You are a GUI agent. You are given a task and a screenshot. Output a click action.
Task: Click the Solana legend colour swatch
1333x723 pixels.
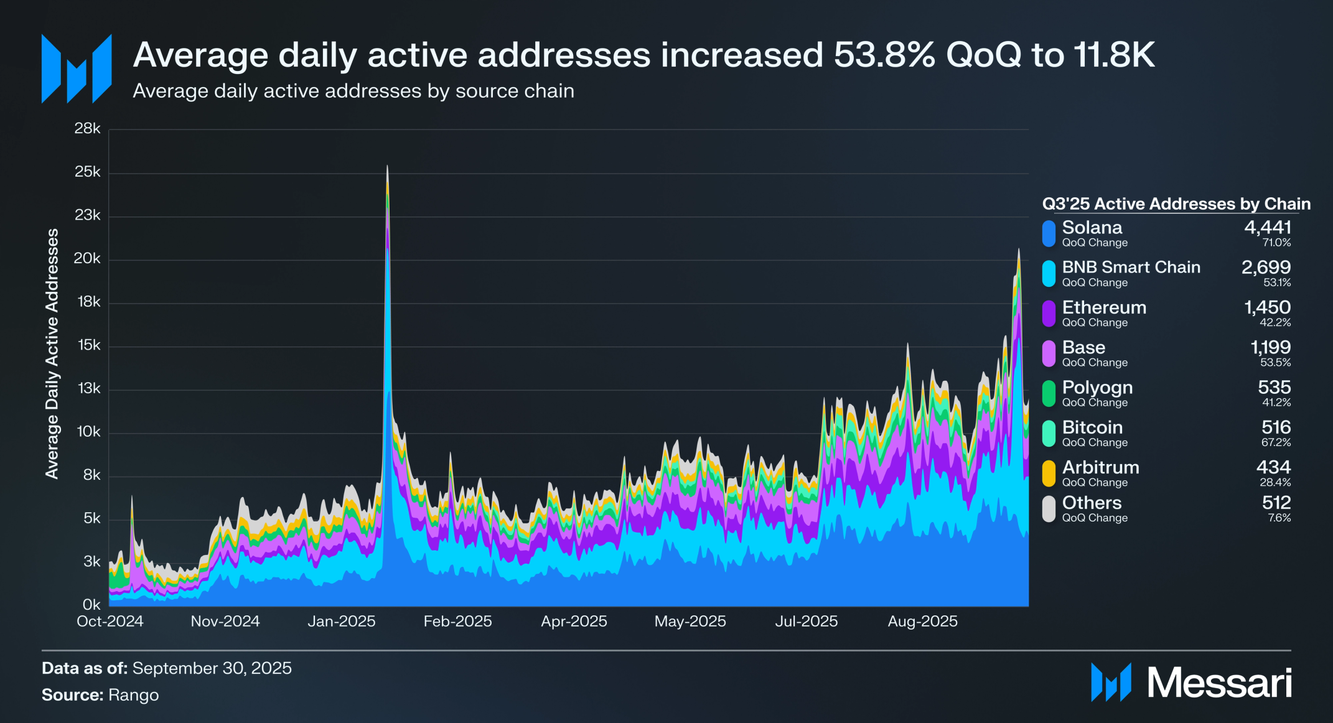1049,234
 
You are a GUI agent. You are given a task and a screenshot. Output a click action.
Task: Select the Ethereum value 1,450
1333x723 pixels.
1267,307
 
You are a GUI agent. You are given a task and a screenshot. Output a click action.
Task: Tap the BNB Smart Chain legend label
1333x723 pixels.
1131,268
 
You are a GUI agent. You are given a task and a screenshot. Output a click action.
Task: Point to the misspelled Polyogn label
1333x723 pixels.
1097,388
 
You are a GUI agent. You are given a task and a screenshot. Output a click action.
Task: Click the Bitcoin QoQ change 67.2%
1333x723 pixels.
1276,442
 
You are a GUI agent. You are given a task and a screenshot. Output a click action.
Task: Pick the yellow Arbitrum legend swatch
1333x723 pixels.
1049,473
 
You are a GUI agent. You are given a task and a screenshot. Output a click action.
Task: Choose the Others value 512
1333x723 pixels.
1276,502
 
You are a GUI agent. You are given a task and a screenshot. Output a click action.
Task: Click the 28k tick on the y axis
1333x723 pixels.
87,129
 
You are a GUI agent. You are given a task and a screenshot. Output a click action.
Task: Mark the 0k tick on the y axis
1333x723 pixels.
91,605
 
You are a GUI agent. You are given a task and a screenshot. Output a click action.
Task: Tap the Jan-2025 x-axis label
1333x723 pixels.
342,622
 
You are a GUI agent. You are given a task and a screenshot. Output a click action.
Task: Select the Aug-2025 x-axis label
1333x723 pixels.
922,622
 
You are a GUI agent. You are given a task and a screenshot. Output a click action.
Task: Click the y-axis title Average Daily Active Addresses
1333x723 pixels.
52,353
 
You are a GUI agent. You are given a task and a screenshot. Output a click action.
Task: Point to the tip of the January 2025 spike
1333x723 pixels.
387,167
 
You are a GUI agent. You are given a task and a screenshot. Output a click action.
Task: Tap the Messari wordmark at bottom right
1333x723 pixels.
1219,683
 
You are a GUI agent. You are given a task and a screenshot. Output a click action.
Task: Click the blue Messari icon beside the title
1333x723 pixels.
77,68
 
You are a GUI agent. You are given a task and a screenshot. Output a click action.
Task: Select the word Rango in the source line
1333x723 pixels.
133,695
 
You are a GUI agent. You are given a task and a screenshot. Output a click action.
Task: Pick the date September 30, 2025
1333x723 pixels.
212,668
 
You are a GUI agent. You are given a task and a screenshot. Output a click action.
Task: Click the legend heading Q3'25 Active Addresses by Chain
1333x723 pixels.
1176,204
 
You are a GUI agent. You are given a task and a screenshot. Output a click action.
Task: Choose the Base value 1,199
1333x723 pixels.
1270,347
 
